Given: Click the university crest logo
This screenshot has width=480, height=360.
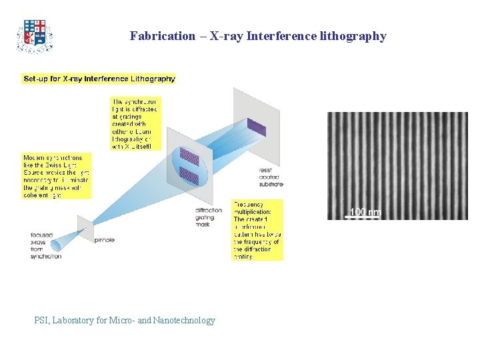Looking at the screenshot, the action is [34, 36].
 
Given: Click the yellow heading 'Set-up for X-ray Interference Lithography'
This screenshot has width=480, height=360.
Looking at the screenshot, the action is [99, 79].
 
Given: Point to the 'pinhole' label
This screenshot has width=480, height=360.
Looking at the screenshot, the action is [105, 237].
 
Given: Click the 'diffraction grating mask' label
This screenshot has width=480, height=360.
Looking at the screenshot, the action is [209, 217].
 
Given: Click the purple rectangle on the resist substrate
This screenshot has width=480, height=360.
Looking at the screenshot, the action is [256, 126].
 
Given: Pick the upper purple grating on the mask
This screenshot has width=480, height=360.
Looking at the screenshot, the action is [190, 157].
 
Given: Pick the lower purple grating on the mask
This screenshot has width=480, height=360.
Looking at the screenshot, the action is [190, 177].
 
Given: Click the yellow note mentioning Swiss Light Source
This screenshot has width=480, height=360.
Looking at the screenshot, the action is [56, 176].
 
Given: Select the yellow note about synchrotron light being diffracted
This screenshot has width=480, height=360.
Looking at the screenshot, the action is [136, 123].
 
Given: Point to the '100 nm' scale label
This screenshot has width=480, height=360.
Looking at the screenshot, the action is [365, 213].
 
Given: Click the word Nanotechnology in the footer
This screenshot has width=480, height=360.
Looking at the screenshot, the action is [184, 321].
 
